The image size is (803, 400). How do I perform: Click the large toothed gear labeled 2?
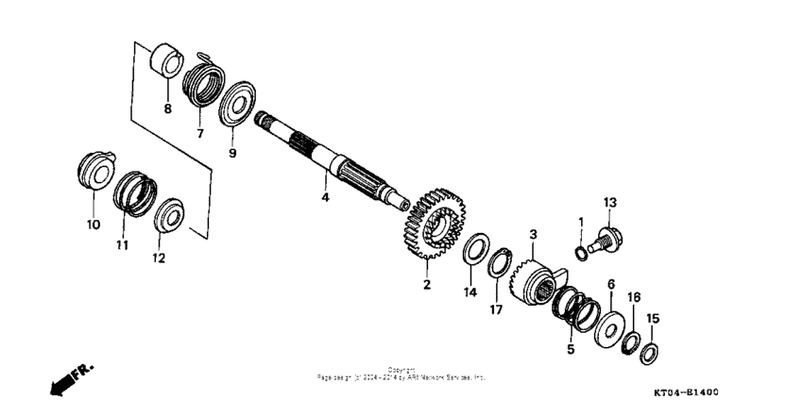[427, 225]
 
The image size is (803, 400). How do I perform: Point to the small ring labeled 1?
[580, 252]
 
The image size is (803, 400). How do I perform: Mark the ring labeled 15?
[649, 355]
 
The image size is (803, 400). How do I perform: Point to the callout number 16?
[634, 297]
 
